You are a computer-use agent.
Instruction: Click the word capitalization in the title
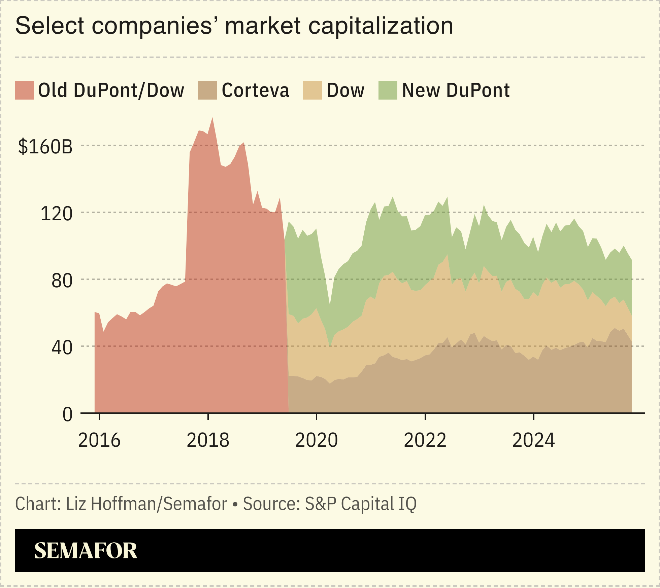[381, 26]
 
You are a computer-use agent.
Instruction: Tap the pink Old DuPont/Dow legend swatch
[24, 90]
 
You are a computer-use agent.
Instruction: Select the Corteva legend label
[255, 90]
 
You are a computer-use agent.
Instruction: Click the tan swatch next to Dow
[312, 90]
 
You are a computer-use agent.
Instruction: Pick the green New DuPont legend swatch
[388, 90]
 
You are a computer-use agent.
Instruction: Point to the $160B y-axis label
[45, 147]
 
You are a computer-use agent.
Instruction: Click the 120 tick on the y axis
[56, 214]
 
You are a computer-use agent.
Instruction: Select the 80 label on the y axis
[62, 281]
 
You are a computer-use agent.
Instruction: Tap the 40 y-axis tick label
[62, 347]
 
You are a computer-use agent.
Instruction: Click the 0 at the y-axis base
[67, 414]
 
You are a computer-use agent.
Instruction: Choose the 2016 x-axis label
[99, 440]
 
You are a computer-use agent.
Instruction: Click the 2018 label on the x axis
[208, 440]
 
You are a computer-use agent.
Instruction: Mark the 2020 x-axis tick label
[316, 440]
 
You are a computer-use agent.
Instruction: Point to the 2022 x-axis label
[425, 440]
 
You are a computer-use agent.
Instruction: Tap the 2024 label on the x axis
[533, 440]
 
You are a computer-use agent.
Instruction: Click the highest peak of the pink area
[212, 119]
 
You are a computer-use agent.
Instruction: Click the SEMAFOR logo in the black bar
[86, 551]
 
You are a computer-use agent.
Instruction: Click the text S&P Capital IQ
[360, 504]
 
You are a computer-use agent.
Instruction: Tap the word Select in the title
[49, 26]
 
